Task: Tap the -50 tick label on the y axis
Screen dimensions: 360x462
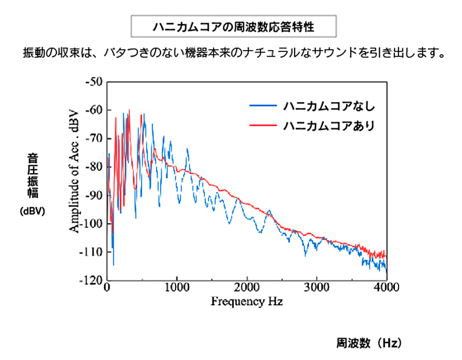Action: [x=93, y=81]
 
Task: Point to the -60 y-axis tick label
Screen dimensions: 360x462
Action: [x=93, y=110]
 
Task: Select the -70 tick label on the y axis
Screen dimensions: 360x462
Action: [x=93, y=138]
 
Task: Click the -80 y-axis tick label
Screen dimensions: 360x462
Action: [x=93, y=167]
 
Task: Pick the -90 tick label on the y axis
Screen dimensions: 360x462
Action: [x=93, y=195]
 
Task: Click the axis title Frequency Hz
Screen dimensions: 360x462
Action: [x=247, y=302]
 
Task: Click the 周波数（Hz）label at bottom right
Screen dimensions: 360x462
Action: [x=368, y=343]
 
